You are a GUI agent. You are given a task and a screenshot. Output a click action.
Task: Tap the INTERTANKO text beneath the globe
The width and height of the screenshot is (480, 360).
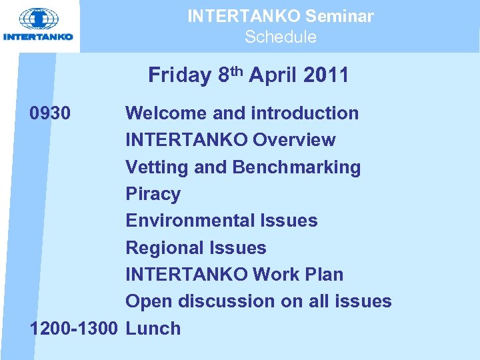(x=38, y=37)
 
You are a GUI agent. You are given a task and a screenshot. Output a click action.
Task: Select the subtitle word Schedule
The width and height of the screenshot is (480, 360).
(x=280, y=37)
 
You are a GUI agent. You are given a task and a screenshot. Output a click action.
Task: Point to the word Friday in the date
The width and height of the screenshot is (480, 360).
(x=179, y=75)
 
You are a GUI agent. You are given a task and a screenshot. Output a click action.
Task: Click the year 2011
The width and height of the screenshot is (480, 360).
(x=325, y=75)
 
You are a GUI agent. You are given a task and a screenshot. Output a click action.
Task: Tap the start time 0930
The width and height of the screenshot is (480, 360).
(x=49, y=113)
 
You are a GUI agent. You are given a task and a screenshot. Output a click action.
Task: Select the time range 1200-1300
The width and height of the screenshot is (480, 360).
(x=74, y=328)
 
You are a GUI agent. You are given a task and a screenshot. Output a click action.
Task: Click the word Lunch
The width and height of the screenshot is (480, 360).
(x=153, y=328)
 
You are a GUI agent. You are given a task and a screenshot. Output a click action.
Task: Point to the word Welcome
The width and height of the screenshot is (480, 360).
(x=163, y=113)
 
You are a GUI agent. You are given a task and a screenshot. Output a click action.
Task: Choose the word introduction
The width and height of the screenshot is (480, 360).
(x=305, y=113)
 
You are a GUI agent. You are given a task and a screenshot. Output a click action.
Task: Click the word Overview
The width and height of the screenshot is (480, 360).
(x=294, y=140)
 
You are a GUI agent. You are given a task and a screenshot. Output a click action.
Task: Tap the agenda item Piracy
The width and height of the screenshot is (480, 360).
(x=153, y=194)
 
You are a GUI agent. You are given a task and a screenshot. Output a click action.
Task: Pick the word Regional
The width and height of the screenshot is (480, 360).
(x=165, y=247)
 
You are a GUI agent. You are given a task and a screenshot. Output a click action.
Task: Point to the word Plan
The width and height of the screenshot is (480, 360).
(x=324, y=274)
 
